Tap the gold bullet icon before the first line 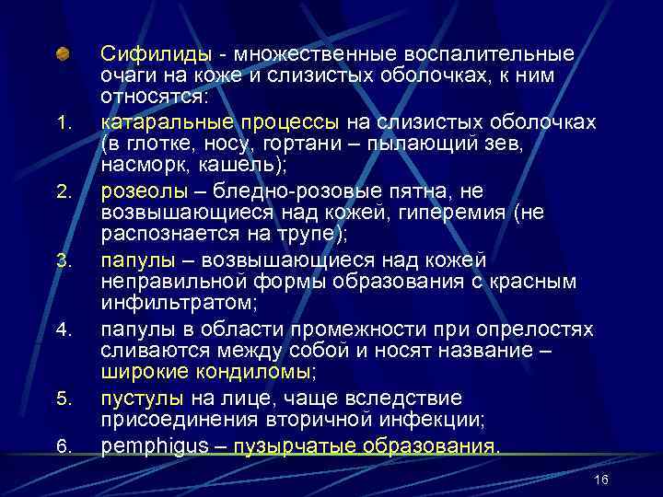pos(62,53)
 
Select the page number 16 pos(602,480)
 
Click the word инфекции pos(412,420)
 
